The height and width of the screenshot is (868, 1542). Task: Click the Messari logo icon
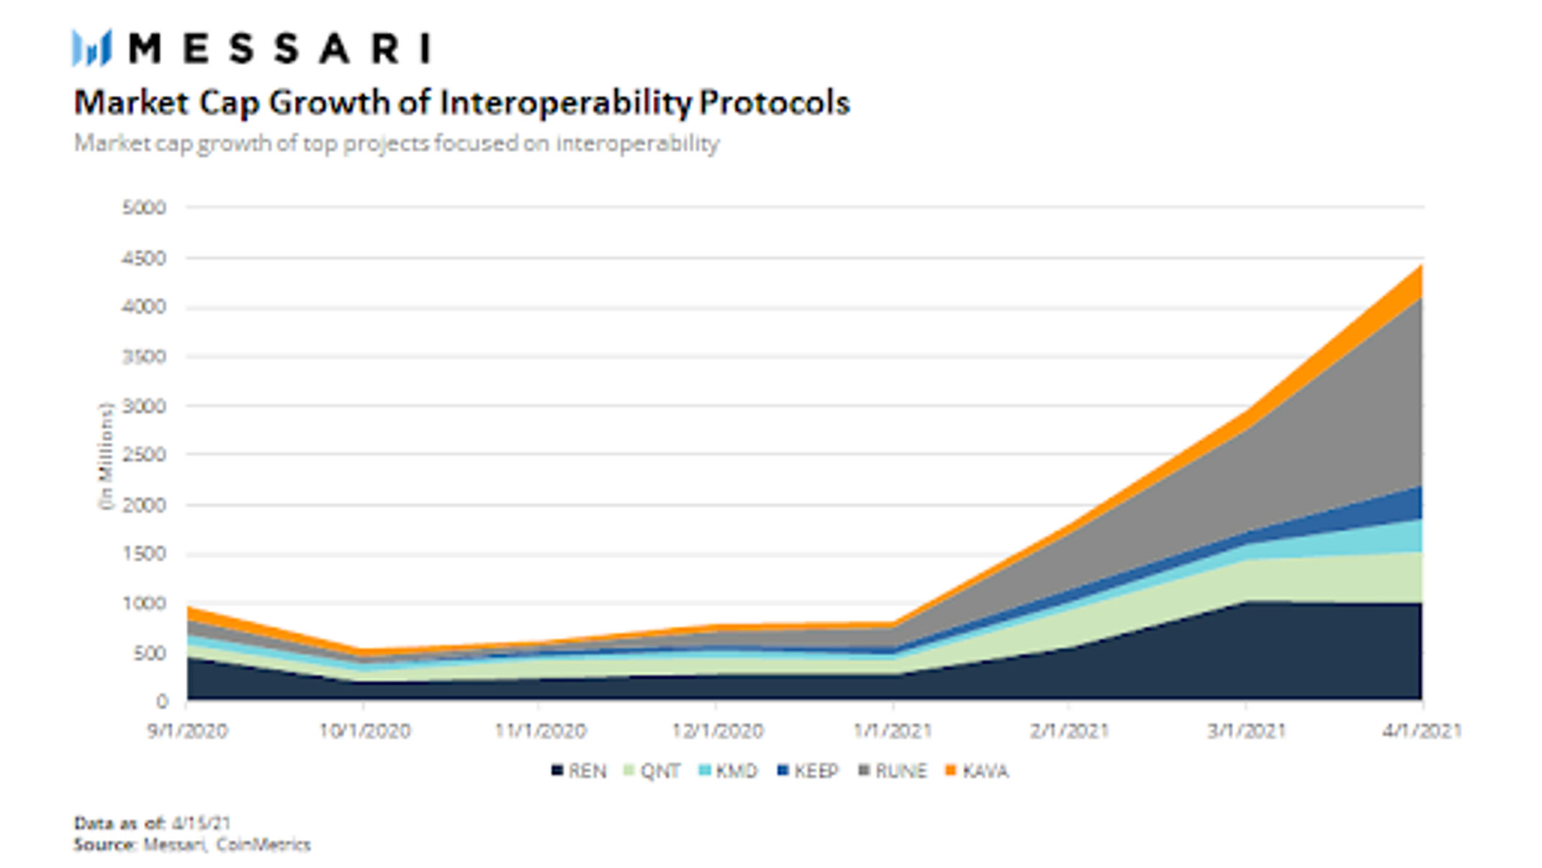(91, 48)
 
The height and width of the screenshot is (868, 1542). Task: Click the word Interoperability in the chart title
(566, 103)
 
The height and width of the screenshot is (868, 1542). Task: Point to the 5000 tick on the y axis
(144, 207)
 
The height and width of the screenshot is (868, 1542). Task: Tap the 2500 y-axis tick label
(144, 455)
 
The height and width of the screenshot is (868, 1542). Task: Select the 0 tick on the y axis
(162, 700)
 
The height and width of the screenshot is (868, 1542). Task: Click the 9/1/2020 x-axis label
(187, 731)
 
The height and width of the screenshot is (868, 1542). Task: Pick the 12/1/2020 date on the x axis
(717, 731)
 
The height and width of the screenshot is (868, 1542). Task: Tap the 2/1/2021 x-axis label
(1069, 731)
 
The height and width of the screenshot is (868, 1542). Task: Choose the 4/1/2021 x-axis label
(1422, 731)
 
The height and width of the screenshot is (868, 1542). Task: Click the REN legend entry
(579, 771)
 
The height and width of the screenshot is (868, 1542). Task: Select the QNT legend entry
(651, 771)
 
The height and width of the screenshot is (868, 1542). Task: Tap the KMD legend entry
(729, 771)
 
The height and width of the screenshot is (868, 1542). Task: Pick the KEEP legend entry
(808, 771)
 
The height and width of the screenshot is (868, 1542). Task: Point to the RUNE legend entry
(893, 771)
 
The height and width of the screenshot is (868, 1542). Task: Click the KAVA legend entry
(977, 771)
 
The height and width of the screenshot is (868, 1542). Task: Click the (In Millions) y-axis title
(106, 456)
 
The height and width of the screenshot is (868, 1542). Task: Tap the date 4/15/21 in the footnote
(201, 823)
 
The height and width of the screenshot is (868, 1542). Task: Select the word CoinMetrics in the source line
(263, 844)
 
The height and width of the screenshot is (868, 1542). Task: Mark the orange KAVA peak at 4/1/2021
(1421, 266)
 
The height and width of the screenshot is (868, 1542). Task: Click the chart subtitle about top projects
(397, 143)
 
